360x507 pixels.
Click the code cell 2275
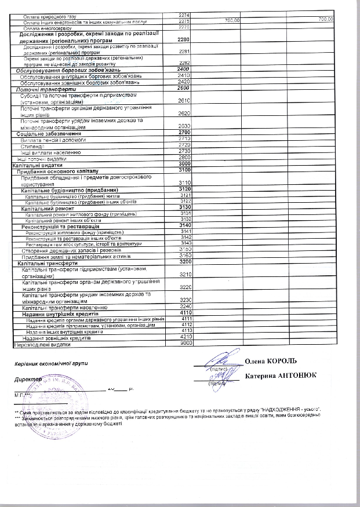tap(186, 21)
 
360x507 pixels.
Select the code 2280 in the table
tap(186, 40)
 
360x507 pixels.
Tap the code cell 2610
tap(186, 100)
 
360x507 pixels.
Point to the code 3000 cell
tap(186, 165)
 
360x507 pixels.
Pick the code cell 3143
tap(186, 243)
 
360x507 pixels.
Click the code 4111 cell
tap(186, 319)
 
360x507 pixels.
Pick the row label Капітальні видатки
tap(38, 165)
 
